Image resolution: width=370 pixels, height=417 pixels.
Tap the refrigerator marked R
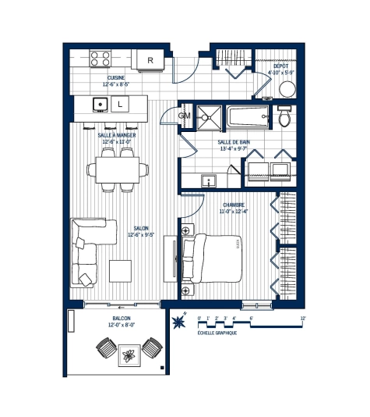(x=150, y=59)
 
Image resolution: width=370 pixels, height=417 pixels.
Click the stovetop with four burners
(x=100, y=59)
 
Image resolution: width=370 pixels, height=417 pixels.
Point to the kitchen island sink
(x=100, y=103)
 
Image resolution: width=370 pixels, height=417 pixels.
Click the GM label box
(x=185, y=116)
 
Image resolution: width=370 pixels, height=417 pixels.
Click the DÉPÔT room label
(x=281, y=66)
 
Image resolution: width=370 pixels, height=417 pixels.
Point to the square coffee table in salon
(x=121, y=269)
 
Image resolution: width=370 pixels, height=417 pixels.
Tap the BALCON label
(x=121, y=319)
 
